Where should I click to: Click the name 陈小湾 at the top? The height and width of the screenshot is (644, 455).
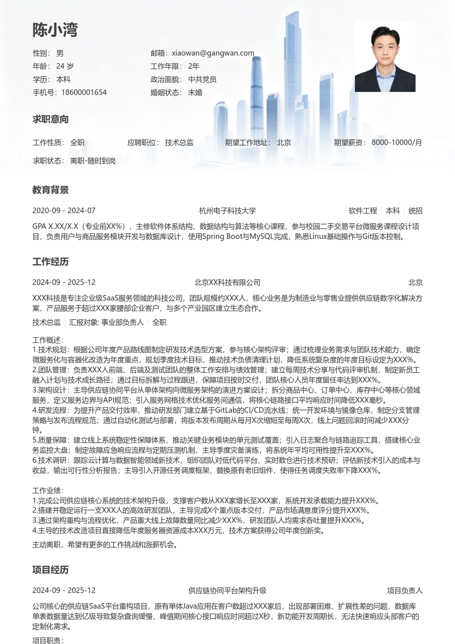(55, 30)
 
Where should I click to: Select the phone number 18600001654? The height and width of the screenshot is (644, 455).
(84, 92)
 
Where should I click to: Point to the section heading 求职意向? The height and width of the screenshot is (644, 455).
(51, 119)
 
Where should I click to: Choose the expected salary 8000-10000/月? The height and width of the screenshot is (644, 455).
(396, 142)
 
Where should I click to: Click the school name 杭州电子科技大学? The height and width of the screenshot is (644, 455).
(227, 211)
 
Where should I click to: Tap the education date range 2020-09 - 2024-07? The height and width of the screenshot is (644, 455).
(64, 211)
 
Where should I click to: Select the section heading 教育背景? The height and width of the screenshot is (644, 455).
(51, 190)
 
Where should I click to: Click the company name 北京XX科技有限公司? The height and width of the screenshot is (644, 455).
(227, 282)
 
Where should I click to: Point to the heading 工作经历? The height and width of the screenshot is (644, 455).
(51, 262)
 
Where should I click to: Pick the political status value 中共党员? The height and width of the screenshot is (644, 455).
(202, 79)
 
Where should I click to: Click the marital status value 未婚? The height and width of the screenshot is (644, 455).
(195, 92)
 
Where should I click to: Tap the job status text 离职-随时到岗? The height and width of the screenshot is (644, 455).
(93, 161)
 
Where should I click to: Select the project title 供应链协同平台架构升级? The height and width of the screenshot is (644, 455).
(227, 590)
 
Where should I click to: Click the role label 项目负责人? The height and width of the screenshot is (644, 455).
(404, 590)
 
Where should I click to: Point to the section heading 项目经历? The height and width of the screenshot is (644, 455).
(51, 570)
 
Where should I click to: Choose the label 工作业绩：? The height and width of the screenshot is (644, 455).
(48, 490)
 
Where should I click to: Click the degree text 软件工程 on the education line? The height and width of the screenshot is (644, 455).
(362, 211)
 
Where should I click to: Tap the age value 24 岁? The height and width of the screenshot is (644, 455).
(65, 66)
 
